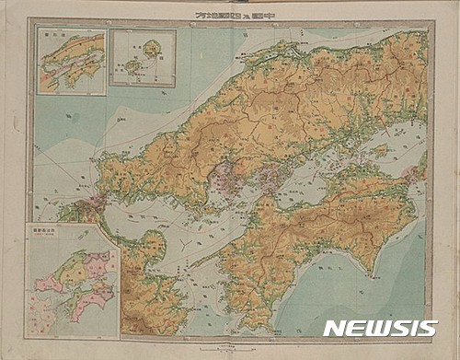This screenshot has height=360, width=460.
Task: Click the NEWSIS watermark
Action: coord(380,329)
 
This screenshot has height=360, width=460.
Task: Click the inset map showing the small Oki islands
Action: coord(142,57)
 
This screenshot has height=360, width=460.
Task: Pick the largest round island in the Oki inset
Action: coord(148,45)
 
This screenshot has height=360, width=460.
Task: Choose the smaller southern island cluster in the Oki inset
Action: coord(133,66)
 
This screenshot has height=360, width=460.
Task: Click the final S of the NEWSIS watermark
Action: coord(428,329)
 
